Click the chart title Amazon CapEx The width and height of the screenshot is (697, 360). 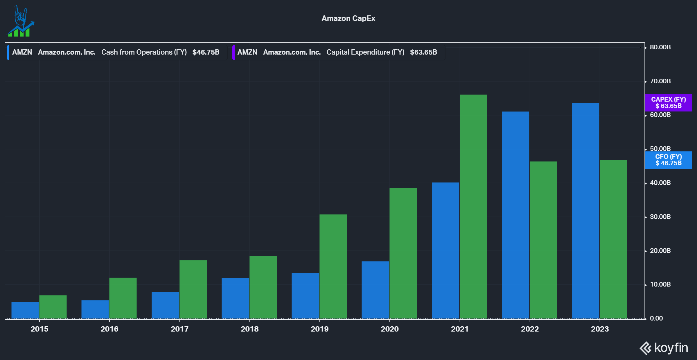pos(348,18)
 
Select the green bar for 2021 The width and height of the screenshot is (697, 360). pos(473,206)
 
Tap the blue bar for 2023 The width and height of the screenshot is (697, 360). pos(585,210)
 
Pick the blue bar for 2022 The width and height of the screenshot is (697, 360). pos(515,215)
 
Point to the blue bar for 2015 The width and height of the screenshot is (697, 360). pos(25,310)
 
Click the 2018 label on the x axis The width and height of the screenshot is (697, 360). pos(249,329)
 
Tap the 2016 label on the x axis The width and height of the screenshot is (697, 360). pos(109,329)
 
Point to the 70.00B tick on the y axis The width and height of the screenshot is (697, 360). pos(660,81)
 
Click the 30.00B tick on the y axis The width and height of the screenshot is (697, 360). pos(660,217)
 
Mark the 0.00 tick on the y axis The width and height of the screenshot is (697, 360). pos(656,318)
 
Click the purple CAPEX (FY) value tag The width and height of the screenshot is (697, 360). pos(668,102)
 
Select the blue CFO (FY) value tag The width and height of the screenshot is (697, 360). pos(668,160)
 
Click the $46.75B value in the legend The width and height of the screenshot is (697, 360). pos(206,52)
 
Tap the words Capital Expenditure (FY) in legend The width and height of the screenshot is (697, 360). pos(365,52)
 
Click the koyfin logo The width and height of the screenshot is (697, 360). pos(664,348)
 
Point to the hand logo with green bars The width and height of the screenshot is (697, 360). pos(21,21)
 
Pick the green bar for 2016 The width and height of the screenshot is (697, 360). pos(123,298)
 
